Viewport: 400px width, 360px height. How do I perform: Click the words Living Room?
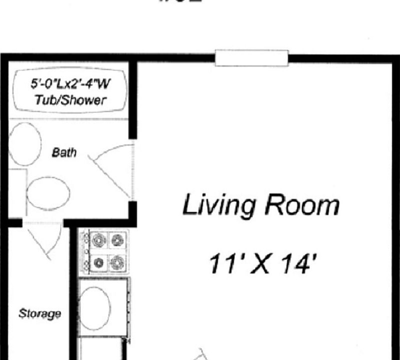point(260,205)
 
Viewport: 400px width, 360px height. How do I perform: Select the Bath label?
point(64,152)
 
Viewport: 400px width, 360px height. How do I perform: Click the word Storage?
point(40,314)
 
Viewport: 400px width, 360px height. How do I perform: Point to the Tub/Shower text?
point(70,100)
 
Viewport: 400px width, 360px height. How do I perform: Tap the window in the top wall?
point(252,57)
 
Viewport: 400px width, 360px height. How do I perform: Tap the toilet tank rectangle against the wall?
point(16,193)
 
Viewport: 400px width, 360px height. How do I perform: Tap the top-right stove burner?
point(117,239)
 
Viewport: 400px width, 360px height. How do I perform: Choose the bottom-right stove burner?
point(117,261)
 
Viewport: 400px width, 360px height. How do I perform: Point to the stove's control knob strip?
point(84,250)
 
